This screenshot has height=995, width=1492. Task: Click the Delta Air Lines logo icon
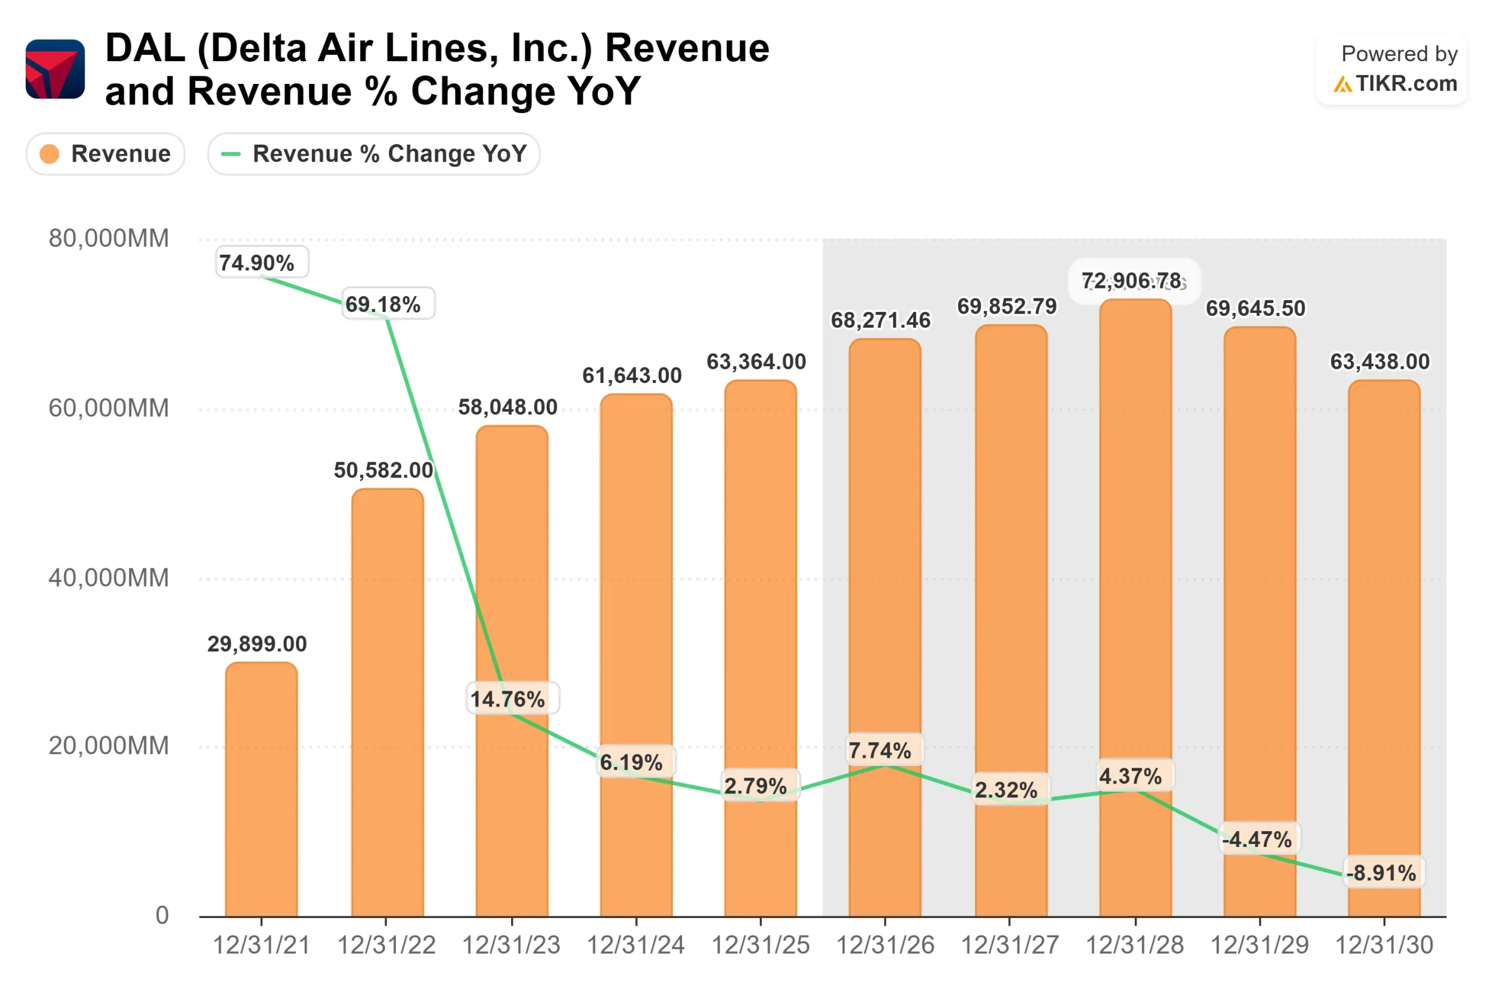[x=55, y=69]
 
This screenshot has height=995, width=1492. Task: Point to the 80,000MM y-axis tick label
[x=108, y=238]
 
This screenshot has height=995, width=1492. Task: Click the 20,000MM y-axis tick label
[x=108, y=746]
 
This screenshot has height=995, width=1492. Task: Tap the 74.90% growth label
[x=257, y=263]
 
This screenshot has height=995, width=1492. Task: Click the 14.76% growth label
[x=508, y=699]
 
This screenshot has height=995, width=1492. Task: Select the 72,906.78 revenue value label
[x=1132, y=280]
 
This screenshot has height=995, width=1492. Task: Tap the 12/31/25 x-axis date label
[x=760, y=945]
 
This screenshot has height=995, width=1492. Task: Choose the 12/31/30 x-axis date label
[x=1384, y=945]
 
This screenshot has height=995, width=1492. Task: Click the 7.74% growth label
[x=880, y=751]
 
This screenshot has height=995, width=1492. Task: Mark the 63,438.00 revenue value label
[x=1380, y=362]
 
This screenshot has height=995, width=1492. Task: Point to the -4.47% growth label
[x=1257, y=839]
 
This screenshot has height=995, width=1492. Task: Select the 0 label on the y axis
[x=163, y=915]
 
